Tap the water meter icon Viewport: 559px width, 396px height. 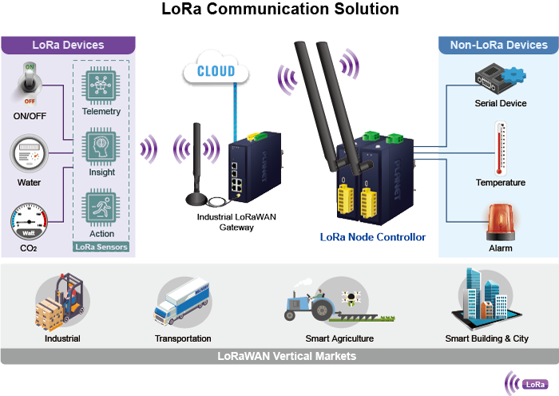(29, 152)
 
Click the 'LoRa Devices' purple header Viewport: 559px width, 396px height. (68, 45)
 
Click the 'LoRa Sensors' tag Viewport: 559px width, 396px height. (101, 247)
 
